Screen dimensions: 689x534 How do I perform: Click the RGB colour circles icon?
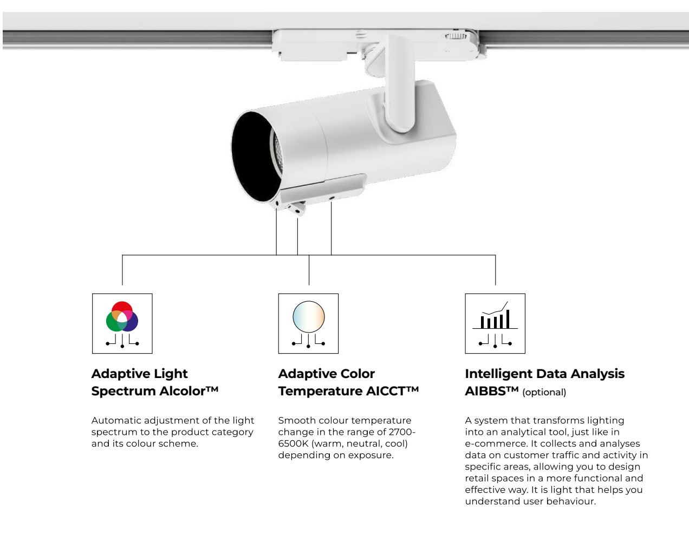point(122,316)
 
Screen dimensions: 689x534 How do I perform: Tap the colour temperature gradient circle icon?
point(309,317)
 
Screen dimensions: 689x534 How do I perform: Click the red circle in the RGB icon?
point(122,309)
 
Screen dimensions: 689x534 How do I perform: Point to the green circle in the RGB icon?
point(114,322)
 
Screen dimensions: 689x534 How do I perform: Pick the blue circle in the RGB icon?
point(131,322)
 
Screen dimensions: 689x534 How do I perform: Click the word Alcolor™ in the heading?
point(188,391)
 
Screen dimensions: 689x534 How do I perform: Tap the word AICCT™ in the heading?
point(393,391)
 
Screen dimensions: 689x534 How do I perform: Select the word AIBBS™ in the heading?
point(492,391)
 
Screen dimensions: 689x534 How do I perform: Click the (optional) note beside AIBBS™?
point(544,392)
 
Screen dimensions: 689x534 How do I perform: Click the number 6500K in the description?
point(293,444)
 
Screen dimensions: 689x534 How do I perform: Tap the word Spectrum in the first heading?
point(123,392)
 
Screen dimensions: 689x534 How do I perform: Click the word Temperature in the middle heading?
point(321,392)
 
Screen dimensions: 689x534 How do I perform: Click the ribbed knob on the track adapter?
point(456,36)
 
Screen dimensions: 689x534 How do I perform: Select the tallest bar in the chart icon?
point(508,319)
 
